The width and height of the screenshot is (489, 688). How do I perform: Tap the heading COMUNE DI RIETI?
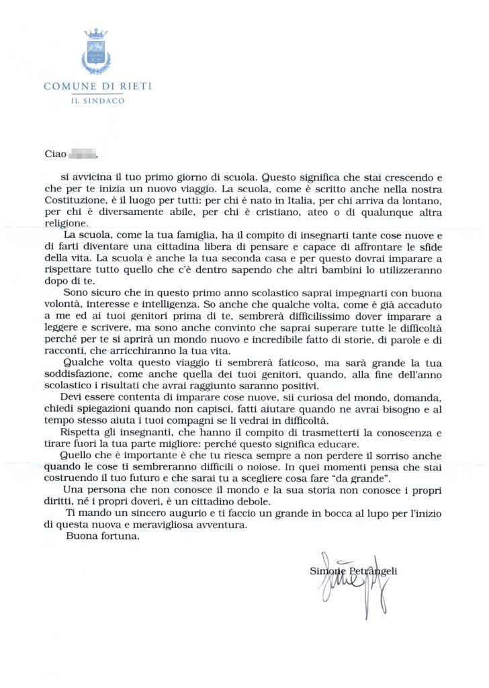click(x=97, y=86)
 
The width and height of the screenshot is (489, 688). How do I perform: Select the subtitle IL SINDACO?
click(x=97, y=101)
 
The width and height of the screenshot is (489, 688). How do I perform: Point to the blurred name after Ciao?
click(x=83, y=154)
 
